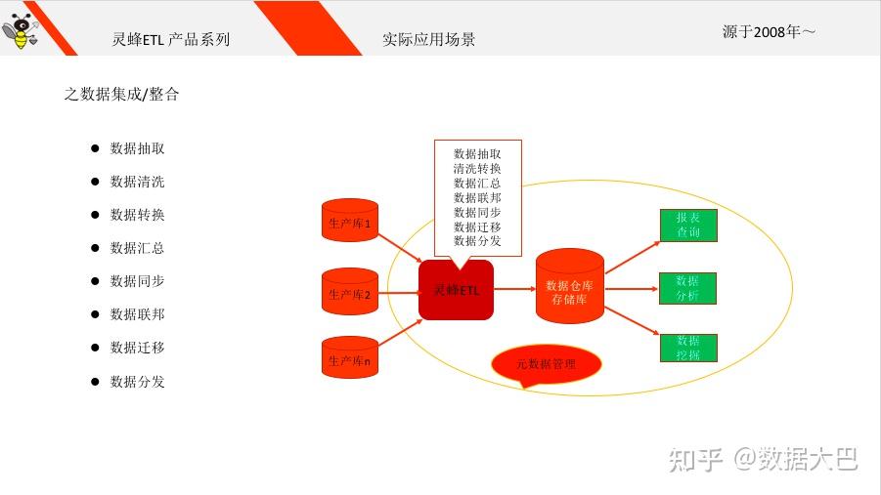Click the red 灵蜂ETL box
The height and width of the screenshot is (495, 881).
456,290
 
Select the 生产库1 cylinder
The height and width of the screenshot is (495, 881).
349,224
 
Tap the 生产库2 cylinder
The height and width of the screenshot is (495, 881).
349,293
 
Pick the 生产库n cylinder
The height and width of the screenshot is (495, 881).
349,360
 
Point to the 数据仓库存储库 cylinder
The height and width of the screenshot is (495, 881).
570,287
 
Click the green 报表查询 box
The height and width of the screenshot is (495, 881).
687,226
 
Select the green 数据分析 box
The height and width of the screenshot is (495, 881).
687,289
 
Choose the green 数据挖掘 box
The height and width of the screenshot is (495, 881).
687,349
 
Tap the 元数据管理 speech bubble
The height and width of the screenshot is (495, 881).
546,365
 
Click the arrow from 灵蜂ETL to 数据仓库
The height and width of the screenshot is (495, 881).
514,289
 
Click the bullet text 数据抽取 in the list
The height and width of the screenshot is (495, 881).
137,148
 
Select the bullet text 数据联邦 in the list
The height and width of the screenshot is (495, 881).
137,314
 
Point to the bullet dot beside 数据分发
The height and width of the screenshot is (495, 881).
96,381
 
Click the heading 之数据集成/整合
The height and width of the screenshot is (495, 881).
121,95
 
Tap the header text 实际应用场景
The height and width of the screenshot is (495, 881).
428,40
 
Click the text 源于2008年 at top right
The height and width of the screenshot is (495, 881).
769,32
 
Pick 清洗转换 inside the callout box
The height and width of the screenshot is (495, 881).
477,168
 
